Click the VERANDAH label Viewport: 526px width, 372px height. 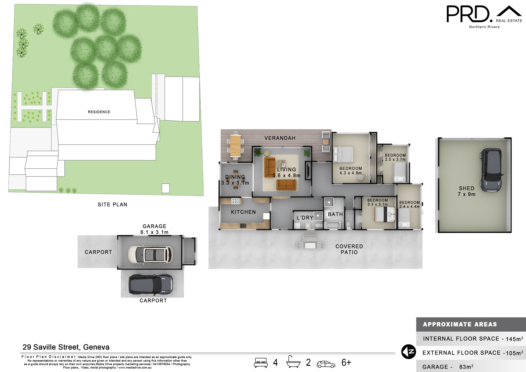[x=280, y=138]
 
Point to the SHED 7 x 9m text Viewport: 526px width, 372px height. [x=466, y=191]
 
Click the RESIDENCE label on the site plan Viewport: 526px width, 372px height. [x=99, y=112]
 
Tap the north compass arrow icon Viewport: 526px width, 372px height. [x=408, y=352]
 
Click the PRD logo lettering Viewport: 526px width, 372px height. [x=468, y=14]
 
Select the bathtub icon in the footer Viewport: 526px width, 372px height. [x=293, y=362]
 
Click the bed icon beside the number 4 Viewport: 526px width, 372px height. [x=261, y=362]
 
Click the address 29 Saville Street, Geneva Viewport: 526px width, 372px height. [x=66, y=347]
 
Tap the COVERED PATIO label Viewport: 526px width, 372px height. [x=349, y=249]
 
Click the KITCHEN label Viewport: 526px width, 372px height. [x=243, y=212]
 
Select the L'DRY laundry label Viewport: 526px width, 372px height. [x=305, y=218]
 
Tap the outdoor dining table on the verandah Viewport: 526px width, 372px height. [x=235, y=146]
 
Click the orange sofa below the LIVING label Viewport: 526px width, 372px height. [x=286, y=185]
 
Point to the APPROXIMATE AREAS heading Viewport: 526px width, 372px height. [x=460, y=324]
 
